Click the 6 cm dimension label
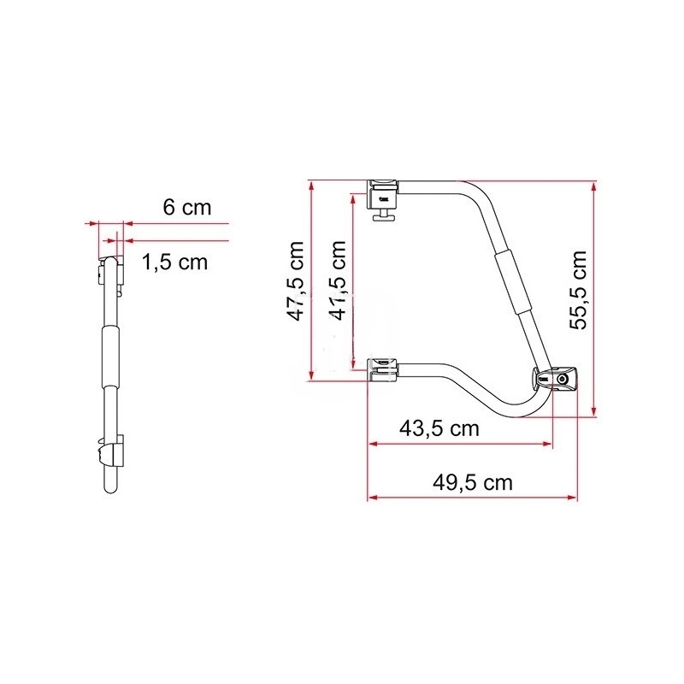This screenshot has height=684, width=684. click(187, 207)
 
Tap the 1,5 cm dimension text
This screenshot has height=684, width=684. click(175, 262)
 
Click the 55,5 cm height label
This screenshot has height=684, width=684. click(579, 290)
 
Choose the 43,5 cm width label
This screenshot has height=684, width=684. click(439, 429)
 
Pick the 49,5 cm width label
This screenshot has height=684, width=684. click(473, 483)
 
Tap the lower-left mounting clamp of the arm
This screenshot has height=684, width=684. click(383, 369)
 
